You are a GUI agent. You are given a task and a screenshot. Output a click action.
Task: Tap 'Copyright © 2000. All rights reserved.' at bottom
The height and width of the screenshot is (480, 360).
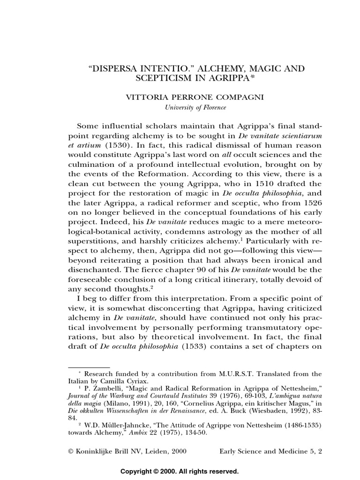180,471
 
